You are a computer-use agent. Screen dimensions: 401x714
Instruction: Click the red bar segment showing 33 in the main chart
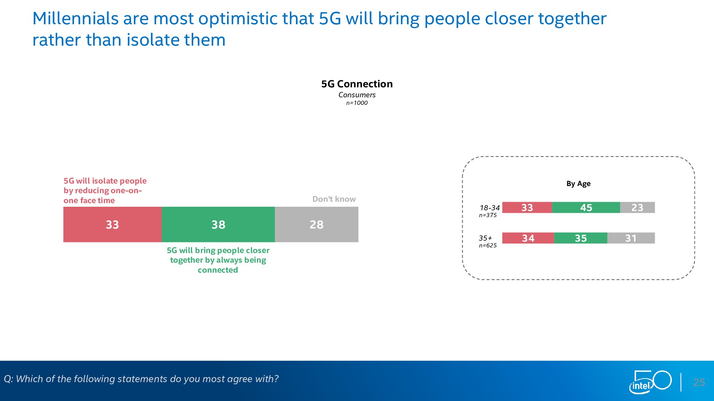tap(112, 224)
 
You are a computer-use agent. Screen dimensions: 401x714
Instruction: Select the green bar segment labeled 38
tap(218, 224)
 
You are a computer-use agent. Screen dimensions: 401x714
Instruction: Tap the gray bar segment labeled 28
tap(317, 224)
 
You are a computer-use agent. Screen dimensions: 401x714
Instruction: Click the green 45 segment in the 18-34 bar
tap(586, 207)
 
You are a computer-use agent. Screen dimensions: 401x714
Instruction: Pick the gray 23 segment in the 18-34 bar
tap(637, 207)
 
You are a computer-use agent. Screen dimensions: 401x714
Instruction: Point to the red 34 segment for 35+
tap(528, 238)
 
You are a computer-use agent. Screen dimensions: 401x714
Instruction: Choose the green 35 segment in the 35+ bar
tap(580, 238)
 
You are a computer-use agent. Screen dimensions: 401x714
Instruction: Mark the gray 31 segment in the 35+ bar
tap(631, 238)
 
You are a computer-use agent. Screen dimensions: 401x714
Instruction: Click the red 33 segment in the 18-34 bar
tap(527, 207)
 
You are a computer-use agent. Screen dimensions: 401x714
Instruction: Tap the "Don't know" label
tap(334, 199)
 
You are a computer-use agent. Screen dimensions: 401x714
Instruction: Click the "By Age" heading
tap(578, 184)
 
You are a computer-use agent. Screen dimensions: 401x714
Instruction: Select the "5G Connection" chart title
tap(357, 84)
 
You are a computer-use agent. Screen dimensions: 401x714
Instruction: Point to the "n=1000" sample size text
tap(357, 103)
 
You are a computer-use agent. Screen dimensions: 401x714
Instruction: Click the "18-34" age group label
tap(489, 208)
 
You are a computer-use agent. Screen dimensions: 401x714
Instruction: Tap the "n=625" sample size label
tap(488, 246)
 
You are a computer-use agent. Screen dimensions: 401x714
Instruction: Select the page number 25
tap(699, 382)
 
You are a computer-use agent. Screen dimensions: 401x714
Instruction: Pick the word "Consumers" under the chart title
tap(357, 95)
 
